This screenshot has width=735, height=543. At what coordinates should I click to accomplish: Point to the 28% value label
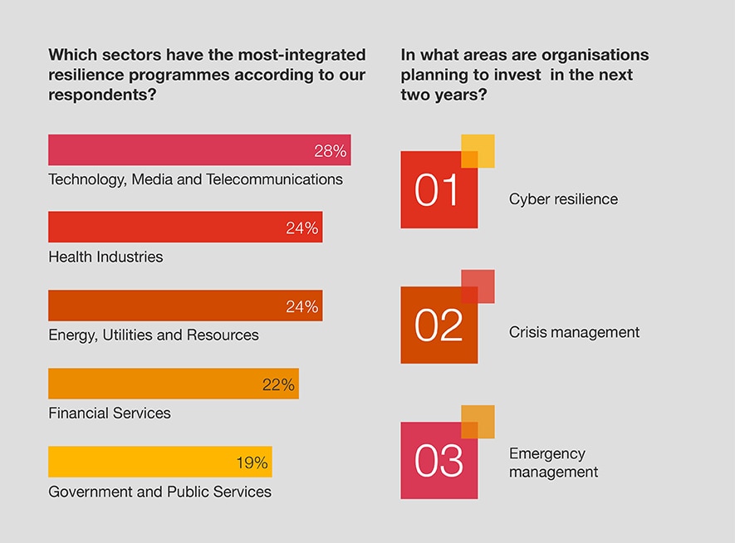pyautogui.click(x=330, y=151)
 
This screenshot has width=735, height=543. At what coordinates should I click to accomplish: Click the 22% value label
pyautogui.click(x=278, y=384)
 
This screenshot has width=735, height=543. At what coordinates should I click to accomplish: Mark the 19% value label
pyautogui.click(x=252, y=462)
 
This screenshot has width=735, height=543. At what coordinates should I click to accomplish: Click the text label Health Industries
pyautogui.click(x=105, y=257)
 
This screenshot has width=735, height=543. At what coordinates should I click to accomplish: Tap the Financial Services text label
pyautogui.click(x=110, y=413)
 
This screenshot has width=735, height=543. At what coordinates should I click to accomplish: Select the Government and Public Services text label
pyautogui.click(x=159, y=492)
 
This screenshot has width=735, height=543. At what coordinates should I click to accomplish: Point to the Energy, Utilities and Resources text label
pyautogui.click(x=154, y=335)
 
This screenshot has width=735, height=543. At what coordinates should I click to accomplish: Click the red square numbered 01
pyautogui.click(x=439, y=190)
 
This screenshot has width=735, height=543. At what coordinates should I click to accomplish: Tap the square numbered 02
pyautogui.click(x=439, y=325)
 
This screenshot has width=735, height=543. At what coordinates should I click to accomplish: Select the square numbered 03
pyautogui.click(x=439, y=461)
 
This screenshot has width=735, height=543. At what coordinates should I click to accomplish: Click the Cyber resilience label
pyautogui.click(x=563, y=199)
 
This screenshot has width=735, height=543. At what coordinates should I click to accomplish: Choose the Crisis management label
pyautogui.click(x=574, y=332)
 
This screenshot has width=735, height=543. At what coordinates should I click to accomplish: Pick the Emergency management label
pyautogui.click(x=553, y=462)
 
